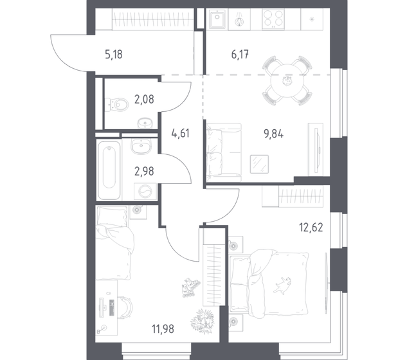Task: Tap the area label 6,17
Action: pos(230,53)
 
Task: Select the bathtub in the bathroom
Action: pos(110,170)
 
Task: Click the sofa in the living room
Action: pos(217,148)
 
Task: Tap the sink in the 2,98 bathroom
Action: pos(140,148)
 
